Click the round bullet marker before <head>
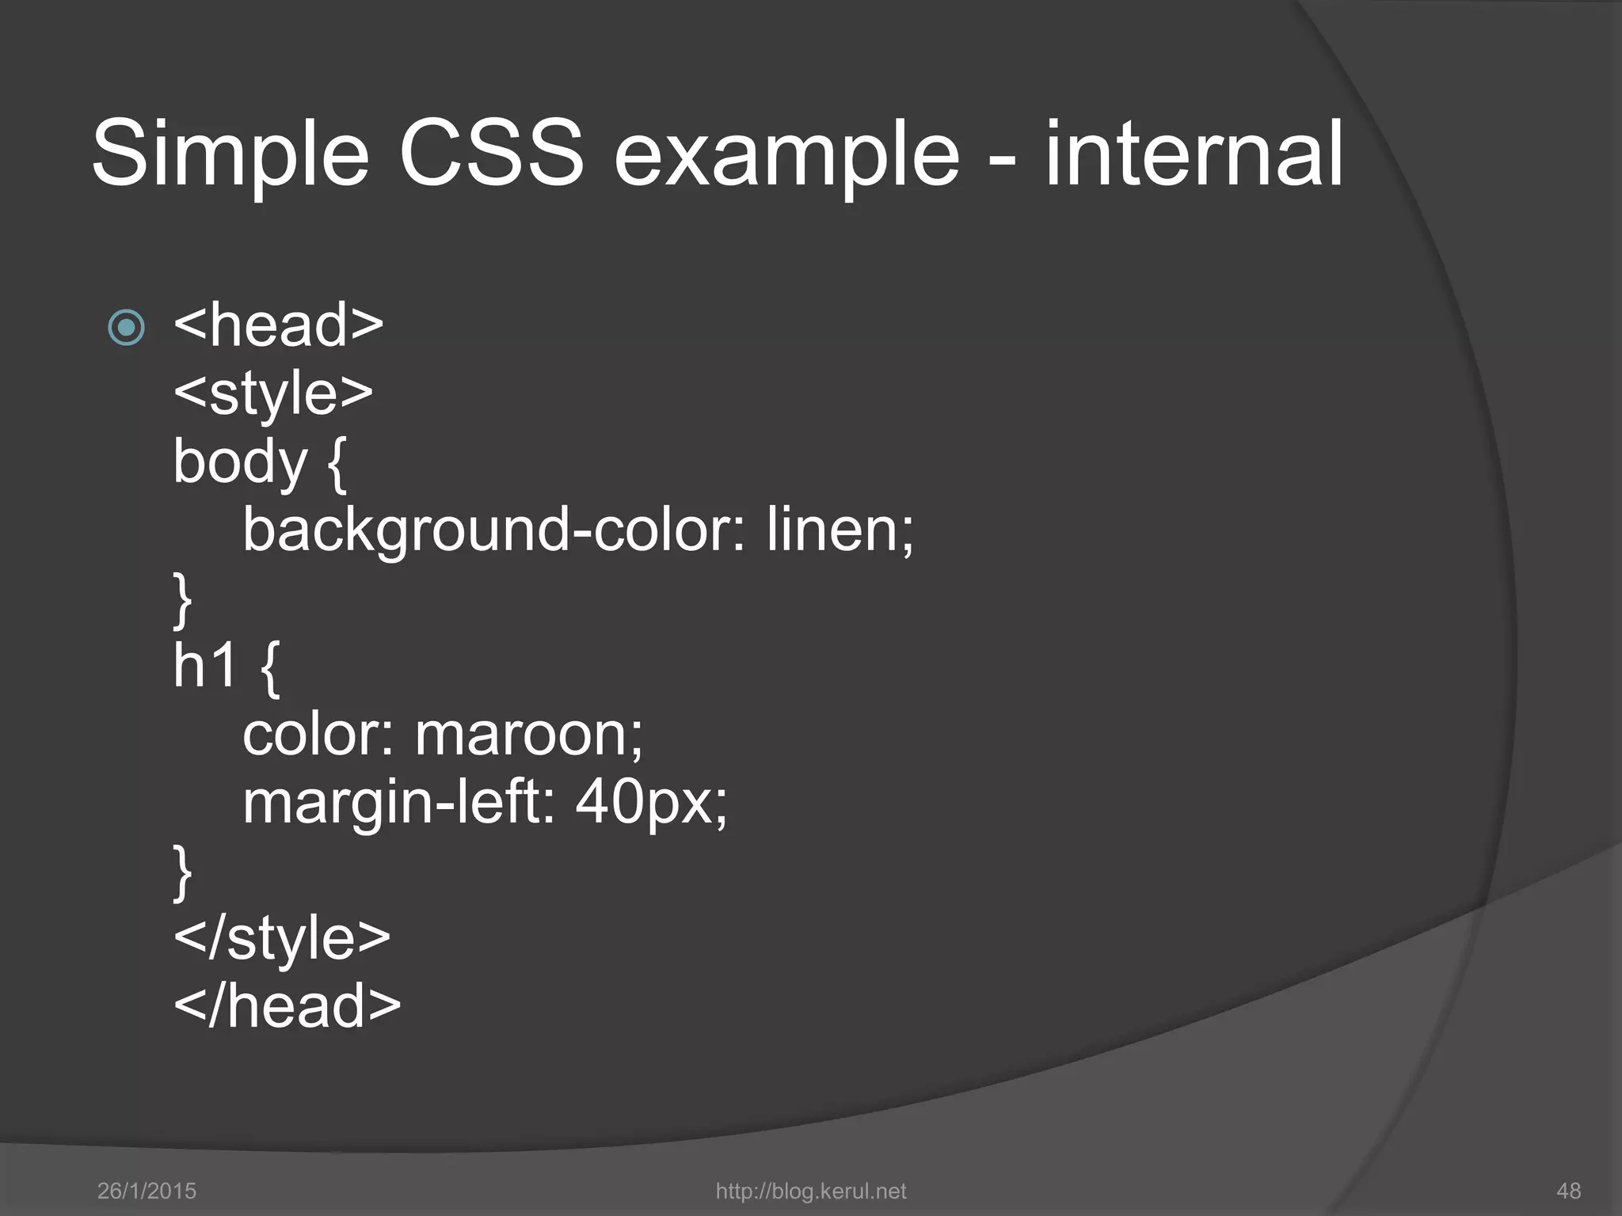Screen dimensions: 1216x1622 pyautogui.click(x=127, y=327)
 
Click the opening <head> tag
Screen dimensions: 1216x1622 pyautogui.click(x=278, y=325)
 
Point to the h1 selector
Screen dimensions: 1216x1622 pyautogui.click(x=205, y=666)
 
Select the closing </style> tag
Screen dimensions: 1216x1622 pyautogui.click(x=282, y=938)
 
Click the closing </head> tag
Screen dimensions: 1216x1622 pyautogui.click(x=287, y=1006)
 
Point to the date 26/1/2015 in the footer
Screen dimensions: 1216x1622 pyautogui.click(x=147, y=1191)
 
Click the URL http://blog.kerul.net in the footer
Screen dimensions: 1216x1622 pyautogui.click(x=810, y=1191)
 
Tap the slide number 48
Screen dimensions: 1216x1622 pyautogui.click(x=1568, y=1191)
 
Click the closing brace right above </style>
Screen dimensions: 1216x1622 pyautogui.click(x=183, y=871)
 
